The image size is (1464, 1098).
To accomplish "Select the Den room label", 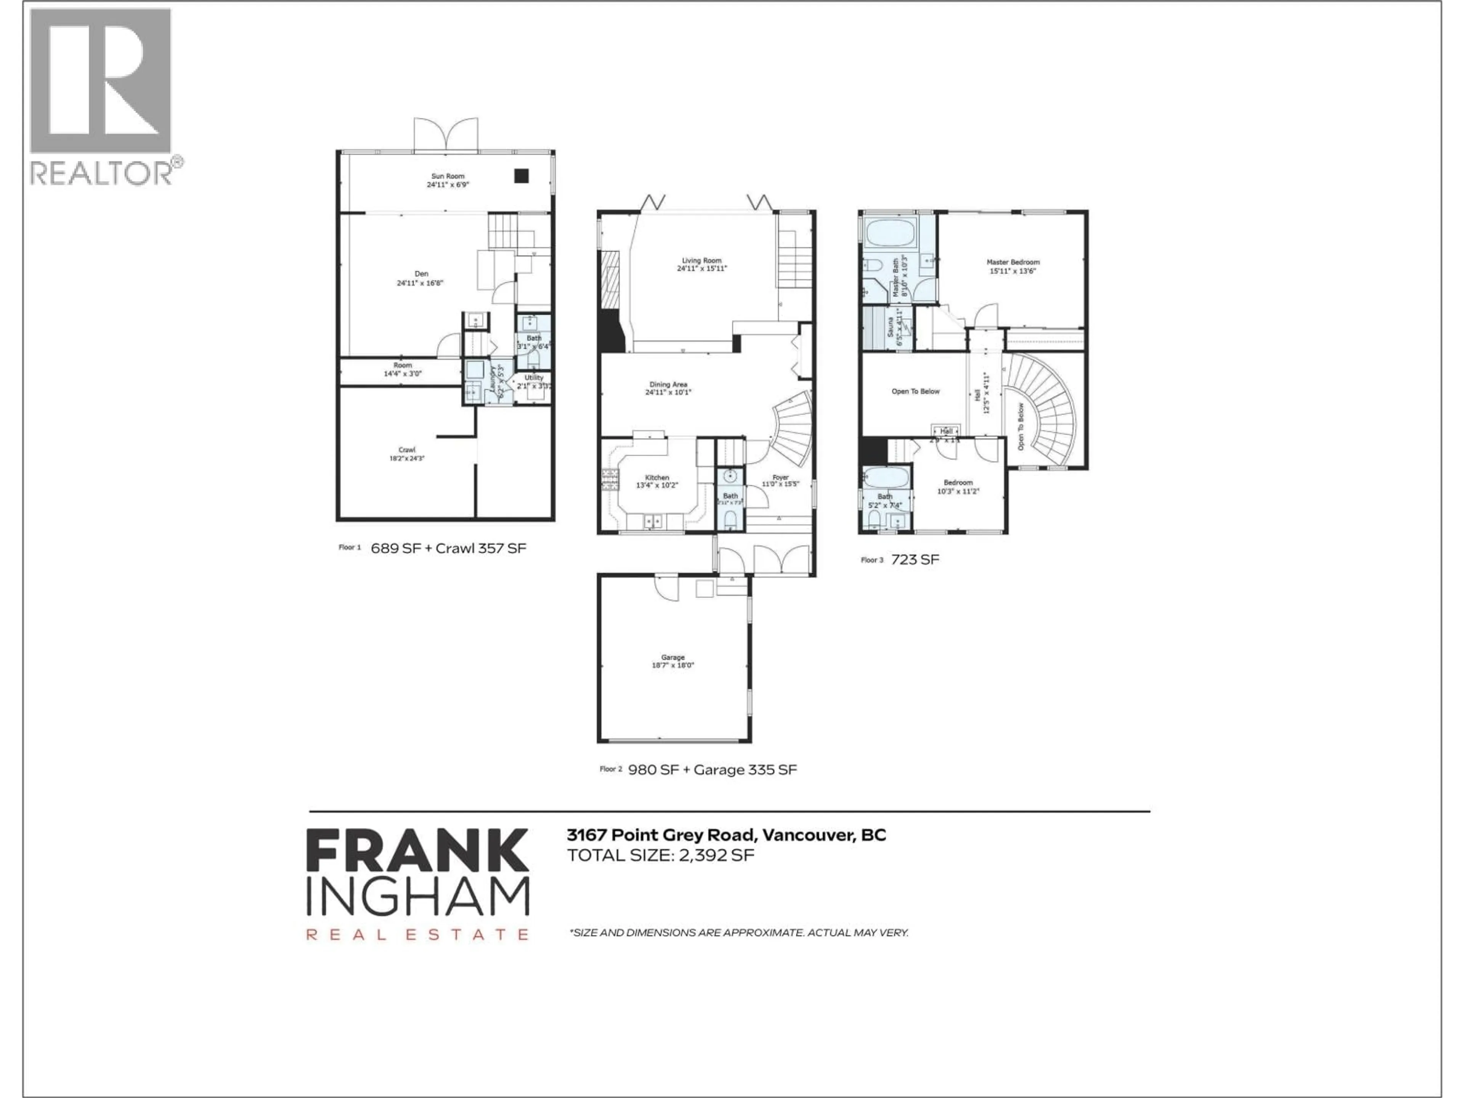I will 421,274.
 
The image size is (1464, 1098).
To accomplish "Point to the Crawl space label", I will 406,450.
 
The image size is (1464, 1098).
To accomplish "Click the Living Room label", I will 701,261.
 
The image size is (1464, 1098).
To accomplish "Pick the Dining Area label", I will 668,385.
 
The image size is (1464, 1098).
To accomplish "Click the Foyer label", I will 780,477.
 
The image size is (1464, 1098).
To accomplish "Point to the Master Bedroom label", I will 1013,262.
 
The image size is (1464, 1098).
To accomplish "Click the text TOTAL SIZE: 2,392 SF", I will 660,855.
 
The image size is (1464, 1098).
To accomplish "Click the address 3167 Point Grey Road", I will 661,835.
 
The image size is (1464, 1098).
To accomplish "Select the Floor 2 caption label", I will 610,769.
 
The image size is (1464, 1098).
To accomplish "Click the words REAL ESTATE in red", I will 417,934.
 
